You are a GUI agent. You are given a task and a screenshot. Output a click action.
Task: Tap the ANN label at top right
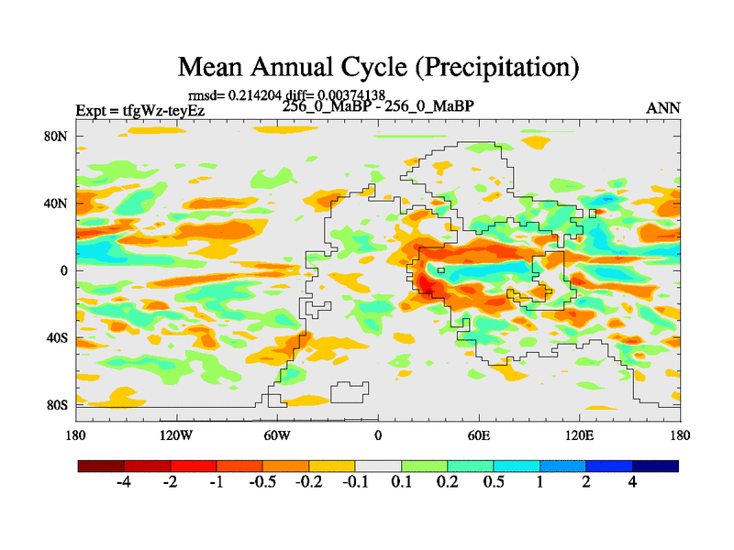pyautogui.click(x=663, y=108)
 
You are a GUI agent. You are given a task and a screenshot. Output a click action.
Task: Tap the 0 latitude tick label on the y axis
pyautogui.click(x=65, y=270)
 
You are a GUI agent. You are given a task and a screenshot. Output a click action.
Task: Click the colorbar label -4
pyautogui.click(x=125, y=483)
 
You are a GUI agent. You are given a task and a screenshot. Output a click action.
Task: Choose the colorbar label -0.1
pyautogui.click(x=355, y=483)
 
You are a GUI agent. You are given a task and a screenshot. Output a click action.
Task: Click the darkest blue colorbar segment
pyautogui.click(x=655, y=466)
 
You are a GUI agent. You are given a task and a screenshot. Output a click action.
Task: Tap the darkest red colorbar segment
pyautogui.click(x=101, y=466)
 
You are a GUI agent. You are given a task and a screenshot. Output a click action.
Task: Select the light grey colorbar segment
pyautogui.click(x=378, y=466)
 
